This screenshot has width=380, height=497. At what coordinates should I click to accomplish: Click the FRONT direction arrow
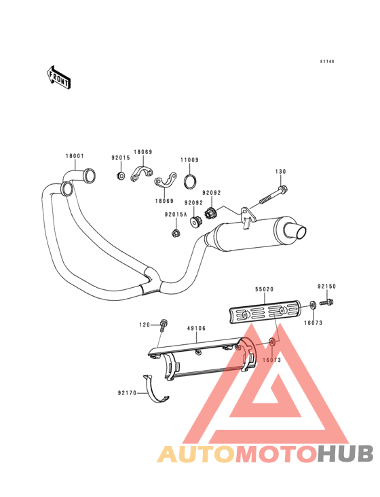[58, 77]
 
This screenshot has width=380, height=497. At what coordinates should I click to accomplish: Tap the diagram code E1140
[327, 62]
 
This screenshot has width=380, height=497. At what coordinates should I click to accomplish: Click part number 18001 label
[75, 156]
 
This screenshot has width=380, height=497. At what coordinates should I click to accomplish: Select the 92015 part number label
[121, 158]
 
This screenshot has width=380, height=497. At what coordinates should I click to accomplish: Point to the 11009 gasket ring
[190, 181]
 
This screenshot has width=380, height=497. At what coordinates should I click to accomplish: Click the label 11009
[190, 160]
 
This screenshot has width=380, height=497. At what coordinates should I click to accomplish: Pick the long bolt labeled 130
[273, 196]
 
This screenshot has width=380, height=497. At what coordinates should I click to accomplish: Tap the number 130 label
[280, 172]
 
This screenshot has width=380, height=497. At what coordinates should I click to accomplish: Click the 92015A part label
[176, 215]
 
